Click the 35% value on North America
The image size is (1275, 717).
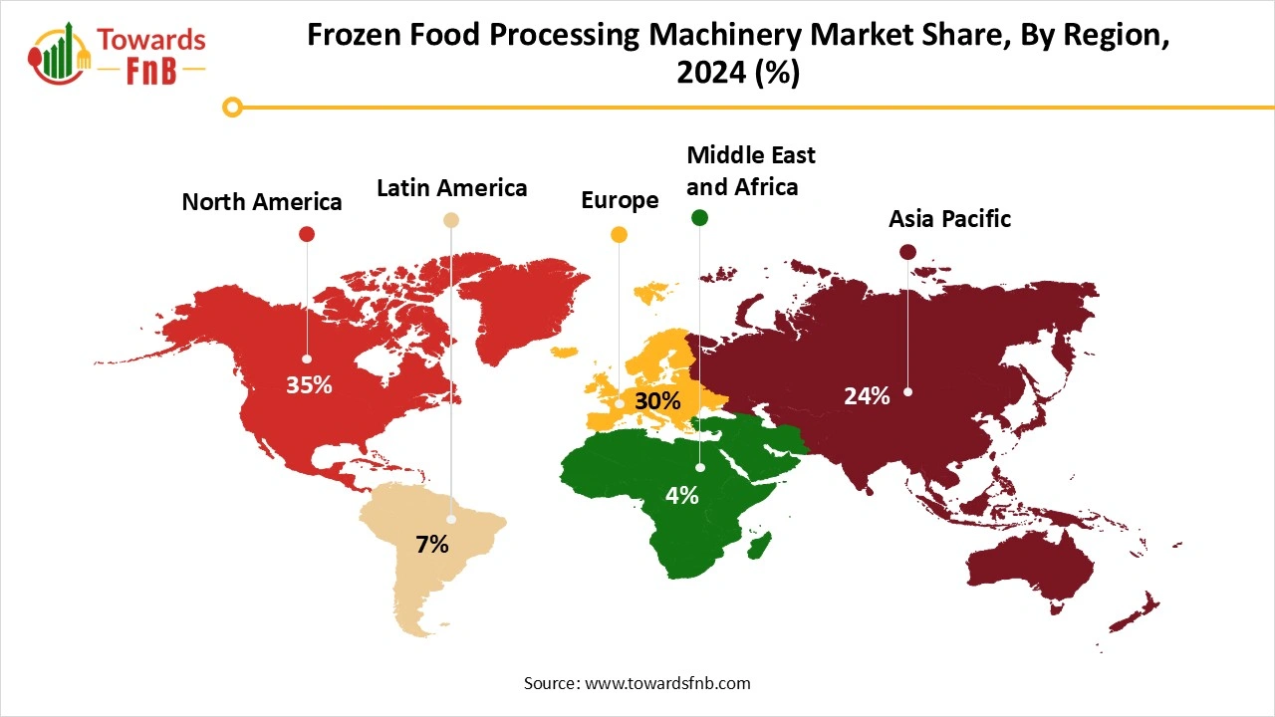[309, 385]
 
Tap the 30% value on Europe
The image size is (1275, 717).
[657, 401]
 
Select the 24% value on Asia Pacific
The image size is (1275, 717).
[867, 396]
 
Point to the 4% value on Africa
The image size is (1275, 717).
[682, 495]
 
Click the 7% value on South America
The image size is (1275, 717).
[432, 545]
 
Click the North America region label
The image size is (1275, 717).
[262, 202]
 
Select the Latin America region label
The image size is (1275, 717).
[451, 187]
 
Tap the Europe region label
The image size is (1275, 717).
[620, 200]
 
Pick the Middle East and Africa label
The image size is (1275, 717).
[751, 170]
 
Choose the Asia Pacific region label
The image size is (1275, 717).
[949, 219]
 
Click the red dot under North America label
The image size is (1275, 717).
[307, 234]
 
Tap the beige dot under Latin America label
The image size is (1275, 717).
[451, 220]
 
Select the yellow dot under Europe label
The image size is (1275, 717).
[620, 235]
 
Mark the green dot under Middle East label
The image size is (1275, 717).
[699, 218]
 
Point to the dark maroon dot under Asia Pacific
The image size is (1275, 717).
[907, 252]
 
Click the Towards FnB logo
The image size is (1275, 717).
[119, 54]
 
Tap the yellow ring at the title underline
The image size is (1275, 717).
[233, 107]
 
